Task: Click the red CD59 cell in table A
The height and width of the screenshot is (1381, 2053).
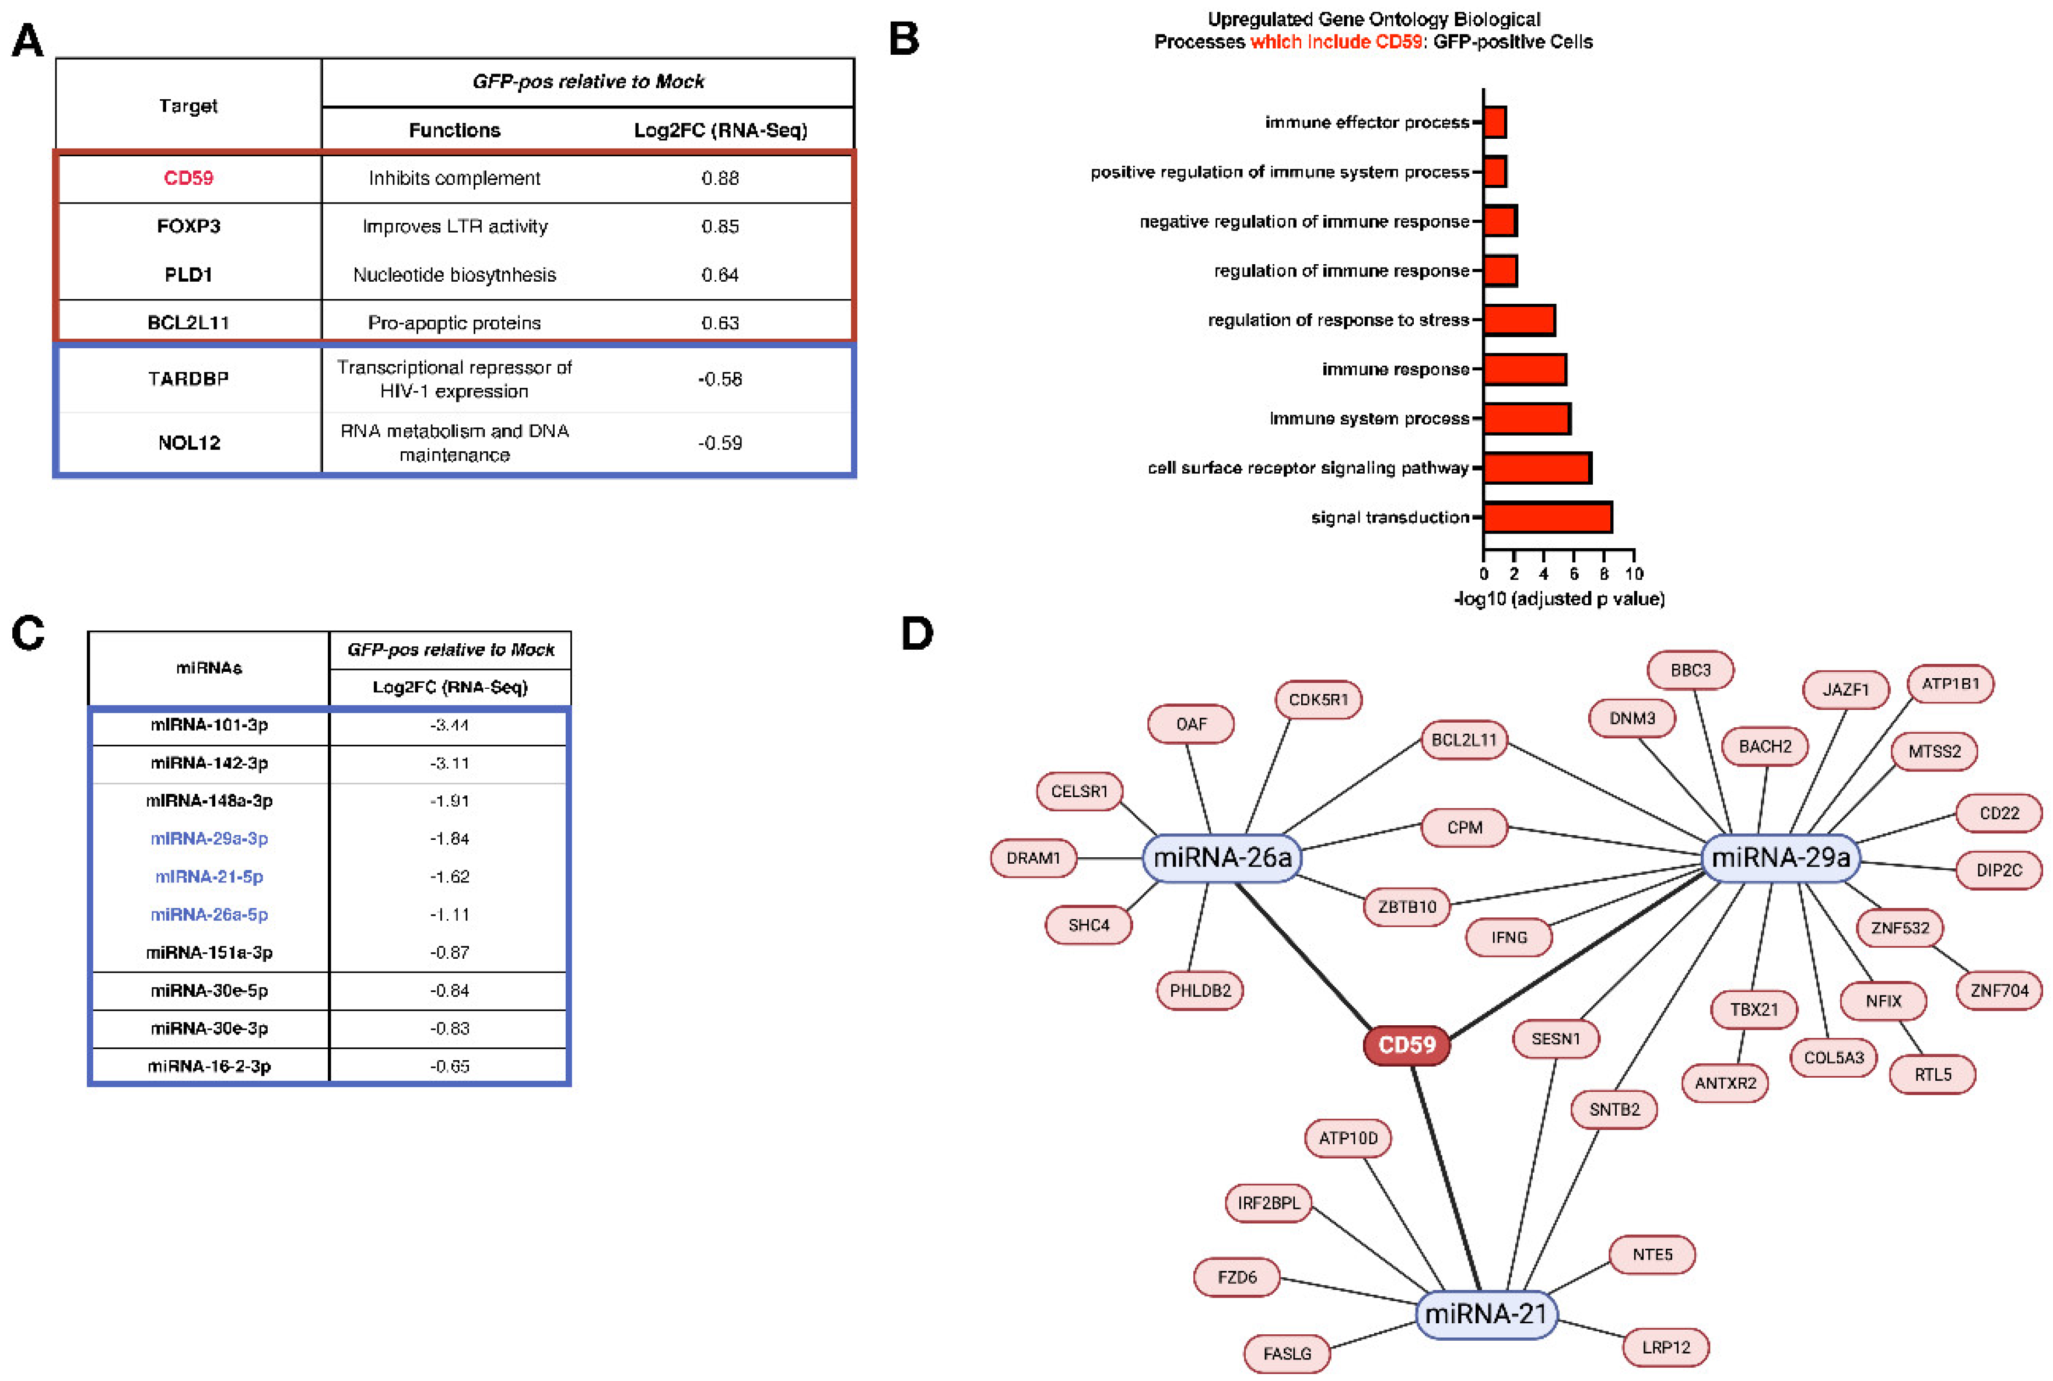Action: pos(188,178)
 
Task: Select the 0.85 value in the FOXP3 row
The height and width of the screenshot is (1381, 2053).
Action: pos(720,226)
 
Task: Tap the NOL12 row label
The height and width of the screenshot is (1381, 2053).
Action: pos(188,443)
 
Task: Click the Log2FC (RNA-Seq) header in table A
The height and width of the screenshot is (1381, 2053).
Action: pos(720,131)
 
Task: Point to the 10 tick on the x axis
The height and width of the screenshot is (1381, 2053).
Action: pos(1634,573)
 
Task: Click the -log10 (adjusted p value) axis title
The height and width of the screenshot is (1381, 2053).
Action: pos(1559,599)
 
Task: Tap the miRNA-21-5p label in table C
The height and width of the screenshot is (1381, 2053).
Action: pos(209,877)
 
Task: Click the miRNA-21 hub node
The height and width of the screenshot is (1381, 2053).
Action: pos(1486,1314)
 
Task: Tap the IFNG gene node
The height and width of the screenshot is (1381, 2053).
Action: pos(1509,937)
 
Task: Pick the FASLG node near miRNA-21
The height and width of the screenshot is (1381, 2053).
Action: pos(1287,1354)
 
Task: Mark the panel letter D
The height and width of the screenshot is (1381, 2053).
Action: pos(917,633)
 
